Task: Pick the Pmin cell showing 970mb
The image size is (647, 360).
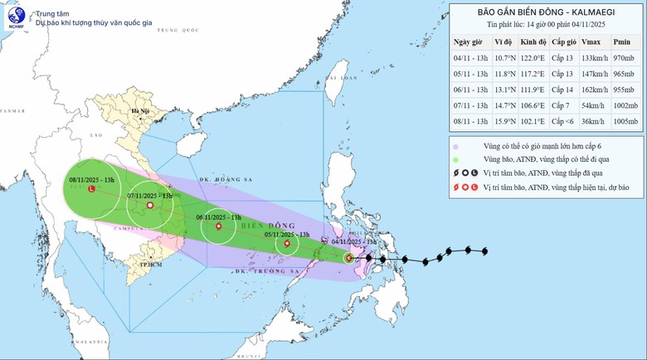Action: tap(625, 58)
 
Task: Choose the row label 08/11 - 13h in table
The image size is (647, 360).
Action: tap(469, 123)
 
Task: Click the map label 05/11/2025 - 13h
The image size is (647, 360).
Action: tap(288, 234)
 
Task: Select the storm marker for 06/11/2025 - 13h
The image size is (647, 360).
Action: tap(219, 226)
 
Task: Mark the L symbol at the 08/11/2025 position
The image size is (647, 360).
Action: tap(90, 189)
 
